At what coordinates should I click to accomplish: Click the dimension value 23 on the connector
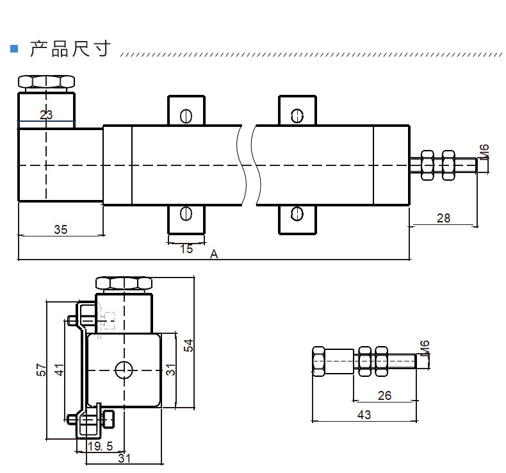pos(46,115)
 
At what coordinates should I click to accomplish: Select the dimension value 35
pos(60,229)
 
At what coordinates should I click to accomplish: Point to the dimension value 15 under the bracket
pos(186,249)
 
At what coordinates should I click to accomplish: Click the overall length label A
pos(214,254)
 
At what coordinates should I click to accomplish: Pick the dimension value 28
pos(443,218)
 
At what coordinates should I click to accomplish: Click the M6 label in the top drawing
pos(485,152)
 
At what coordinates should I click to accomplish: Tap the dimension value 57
pos(41,370)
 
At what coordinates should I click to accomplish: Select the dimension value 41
pos(59,370)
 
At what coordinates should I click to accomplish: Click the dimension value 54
pos(188,345)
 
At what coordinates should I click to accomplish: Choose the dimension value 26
pos(384,395)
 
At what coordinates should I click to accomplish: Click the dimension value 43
pos(364,415)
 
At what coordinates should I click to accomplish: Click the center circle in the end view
pos(123,369)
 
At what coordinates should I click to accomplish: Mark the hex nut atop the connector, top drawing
pos(46,82)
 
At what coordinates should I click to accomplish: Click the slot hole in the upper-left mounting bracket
pos(186,115)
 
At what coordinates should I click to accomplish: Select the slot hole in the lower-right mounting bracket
pos(297,213)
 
